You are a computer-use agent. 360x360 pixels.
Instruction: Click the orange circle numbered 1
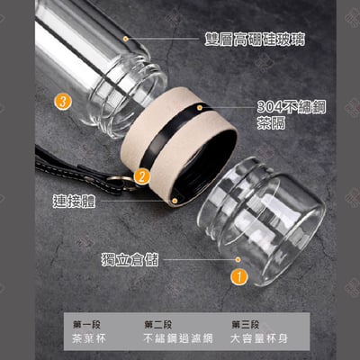click(x=239, y=276)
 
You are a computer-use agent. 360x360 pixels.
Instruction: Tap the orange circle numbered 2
click(x=141, y=176)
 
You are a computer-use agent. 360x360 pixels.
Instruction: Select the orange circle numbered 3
click(x=63, y=102)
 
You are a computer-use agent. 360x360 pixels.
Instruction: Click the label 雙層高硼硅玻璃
click(x=255, y=40)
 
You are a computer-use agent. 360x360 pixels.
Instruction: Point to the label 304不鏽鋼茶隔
click(x=291, y=114)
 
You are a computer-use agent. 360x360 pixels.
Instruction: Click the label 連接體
click(x=74, y=201)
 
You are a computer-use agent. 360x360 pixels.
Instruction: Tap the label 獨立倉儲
click(x=130, y=259)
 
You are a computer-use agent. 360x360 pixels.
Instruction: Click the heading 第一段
click(x=86, y=324)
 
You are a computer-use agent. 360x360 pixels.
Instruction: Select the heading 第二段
click(x=158, y=324)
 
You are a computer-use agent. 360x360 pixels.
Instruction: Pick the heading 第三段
click(x=245, y=324)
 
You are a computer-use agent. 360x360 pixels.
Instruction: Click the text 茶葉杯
click(x=89, y=338)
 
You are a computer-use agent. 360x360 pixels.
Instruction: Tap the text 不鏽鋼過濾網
click(x=178, y=338)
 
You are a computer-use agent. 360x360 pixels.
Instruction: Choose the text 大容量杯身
click(x=259, y=338)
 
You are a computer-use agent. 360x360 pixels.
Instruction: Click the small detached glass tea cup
click(x=261, y=220)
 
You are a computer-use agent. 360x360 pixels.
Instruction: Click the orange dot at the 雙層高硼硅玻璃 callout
click(x=126, y=39)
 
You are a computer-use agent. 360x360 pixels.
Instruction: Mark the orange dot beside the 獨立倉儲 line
click(x=238, y=259)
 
